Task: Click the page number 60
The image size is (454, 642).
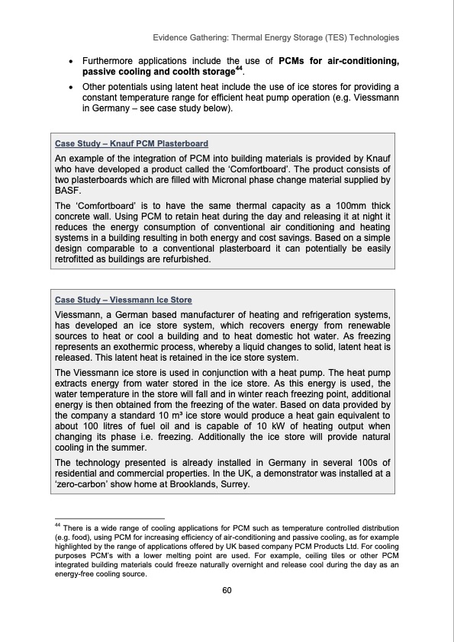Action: click(x=227, y=590)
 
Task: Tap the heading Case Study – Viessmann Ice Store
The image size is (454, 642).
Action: click(x=124, y=300)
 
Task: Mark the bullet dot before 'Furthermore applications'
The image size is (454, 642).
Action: click(x=71, y=61)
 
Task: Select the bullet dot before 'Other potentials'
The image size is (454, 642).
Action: click(x=71, y=88)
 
